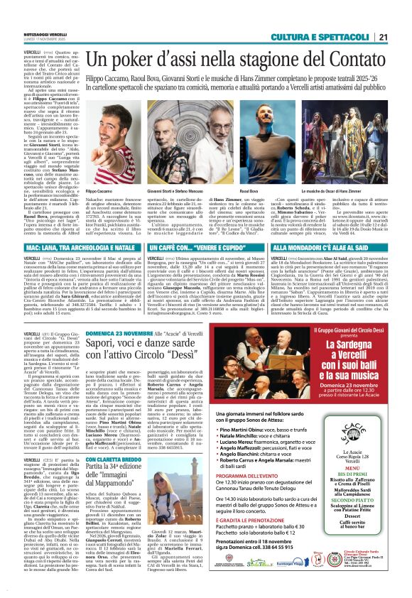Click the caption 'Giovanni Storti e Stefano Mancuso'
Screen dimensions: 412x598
click(x=181, y=191)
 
